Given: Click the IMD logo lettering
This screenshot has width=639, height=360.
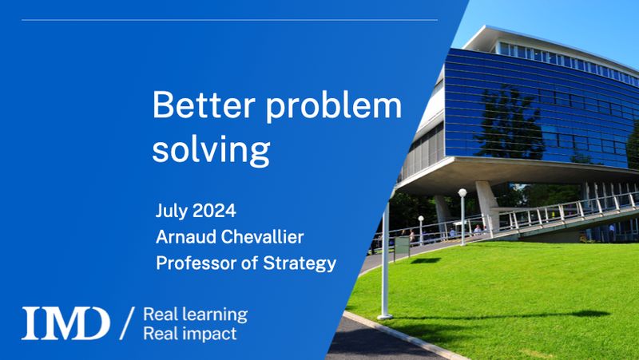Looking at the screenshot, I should coord(65,323).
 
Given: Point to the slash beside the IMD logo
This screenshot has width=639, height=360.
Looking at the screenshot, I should coord(126,323).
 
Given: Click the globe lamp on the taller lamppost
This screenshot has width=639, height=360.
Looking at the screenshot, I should coord(462,193).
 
